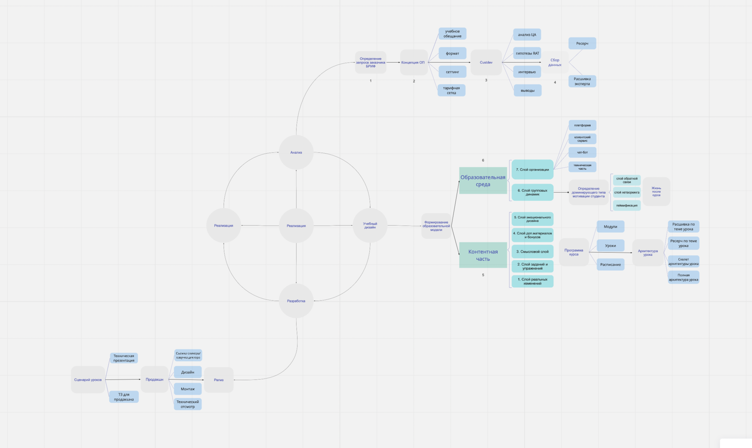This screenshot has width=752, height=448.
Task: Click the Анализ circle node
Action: (x=296, y=152)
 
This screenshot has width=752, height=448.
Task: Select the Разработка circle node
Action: (x=296, y=301)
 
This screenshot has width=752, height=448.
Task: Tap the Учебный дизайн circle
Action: (x=370, y=225)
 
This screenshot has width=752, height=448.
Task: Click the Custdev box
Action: (x=486, y=62)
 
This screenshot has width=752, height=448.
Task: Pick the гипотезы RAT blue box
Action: (x=527, y=53)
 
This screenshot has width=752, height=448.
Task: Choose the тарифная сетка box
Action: (x=451, y=90)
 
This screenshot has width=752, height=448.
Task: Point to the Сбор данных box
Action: (x=555, y=62)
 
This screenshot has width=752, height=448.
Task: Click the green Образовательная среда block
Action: (x=483, y=181)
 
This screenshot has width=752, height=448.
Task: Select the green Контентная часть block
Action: (x=483, y=255)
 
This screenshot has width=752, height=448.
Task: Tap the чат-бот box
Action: (x=582, y=152)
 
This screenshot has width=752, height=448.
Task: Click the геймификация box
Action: (x=627, y=205)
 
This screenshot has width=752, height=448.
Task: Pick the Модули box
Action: (x=611, y=227)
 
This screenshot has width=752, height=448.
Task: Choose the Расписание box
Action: (x=611, y=265)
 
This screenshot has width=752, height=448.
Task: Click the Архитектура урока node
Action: (x=648, y=253)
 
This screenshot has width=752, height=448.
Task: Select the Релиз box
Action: (x=218, y=380)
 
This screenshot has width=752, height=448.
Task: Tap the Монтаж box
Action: (x=188, y=389)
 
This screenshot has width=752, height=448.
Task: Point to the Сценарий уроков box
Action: (x=88, y=380)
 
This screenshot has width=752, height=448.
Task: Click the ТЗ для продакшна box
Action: (x=124, y=397)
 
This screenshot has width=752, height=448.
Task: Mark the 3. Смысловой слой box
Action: (x=532, y=252)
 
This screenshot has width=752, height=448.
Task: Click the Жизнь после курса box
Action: (x=656, y=191)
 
